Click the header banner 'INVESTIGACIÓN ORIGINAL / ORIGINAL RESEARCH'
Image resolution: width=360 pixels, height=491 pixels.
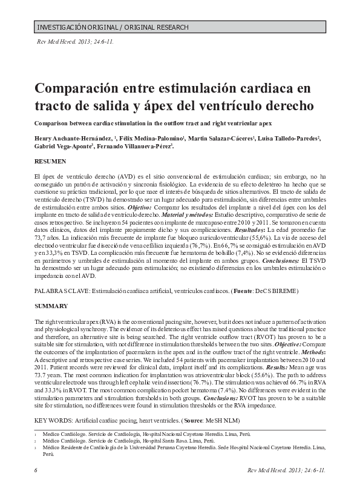tap(113, 28)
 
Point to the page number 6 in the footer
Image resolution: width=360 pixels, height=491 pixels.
tap(36, 470)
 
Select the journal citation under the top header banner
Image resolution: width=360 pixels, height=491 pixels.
tap(76, 42)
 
